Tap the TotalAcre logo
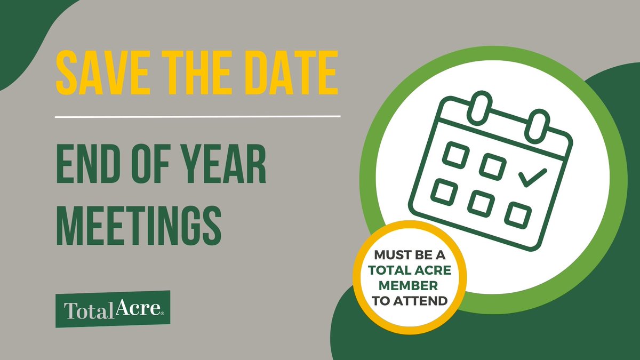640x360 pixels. coord(113,309)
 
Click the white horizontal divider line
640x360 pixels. coord(198,116)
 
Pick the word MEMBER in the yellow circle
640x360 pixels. coord(410,285)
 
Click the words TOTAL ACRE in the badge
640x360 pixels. coord(410,270)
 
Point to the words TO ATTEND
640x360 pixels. coord(410,300)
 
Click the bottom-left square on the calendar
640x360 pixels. coord(444,191)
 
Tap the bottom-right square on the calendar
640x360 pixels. coord(518,214)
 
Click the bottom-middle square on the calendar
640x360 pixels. coord(481,203)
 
